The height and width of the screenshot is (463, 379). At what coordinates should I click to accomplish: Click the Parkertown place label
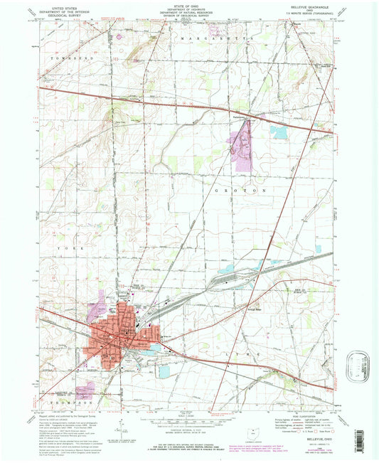pyautogui.click(x=245, y=116)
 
